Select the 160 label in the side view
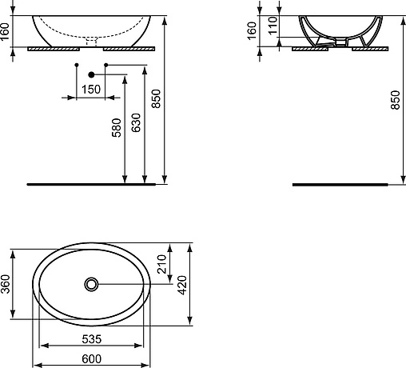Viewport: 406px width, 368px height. click(x=253, y=31)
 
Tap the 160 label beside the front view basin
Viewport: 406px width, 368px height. click(x=6, y=31)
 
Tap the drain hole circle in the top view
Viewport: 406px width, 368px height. click(x=92, y=283)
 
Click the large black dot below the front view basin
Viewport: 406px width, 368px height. click(x=90, y=74)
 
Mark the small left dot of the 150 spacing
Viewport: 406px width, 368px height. click(x=76, y=63)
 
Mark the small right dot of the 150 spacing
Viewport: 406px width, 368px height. click(x=105, y=63)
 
